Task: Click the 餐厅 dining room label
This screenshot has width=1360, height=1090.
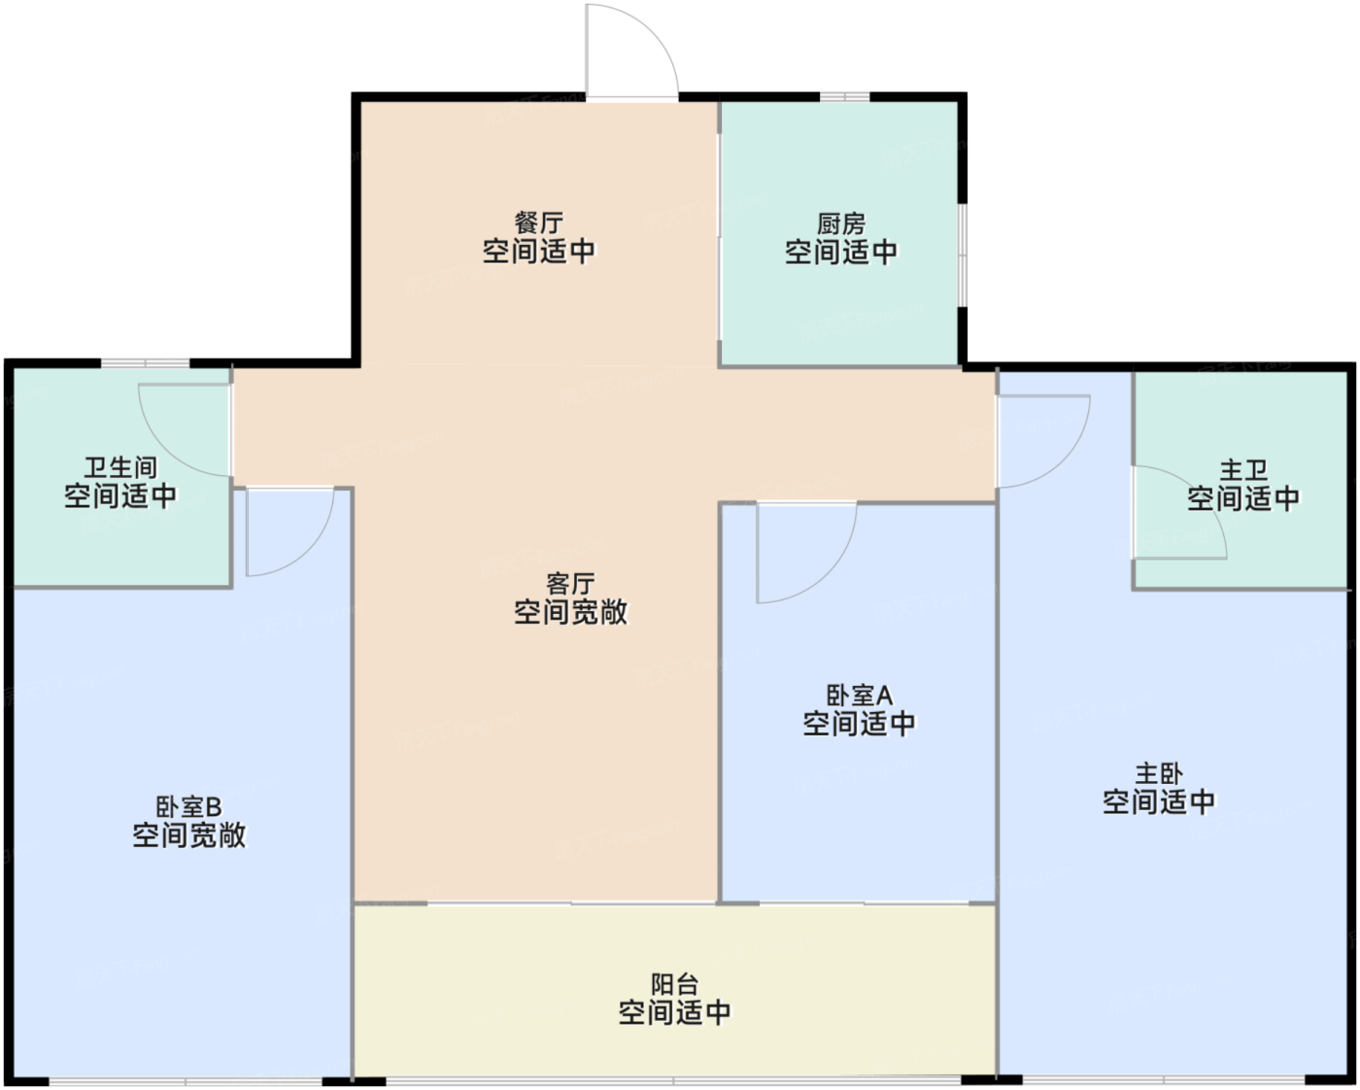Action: [x=538, y=223]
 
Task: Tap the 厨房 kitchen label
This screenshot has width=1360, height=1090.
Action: [x=840, y=224]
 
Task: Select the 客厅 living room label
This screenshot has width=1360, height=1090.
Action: [x=570, y=584]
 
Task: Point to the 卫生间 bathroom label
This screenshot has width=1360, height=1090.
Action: [x=120, y=468]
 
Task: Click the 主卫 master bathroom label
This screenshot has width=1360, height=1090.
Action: [x=1243, y=471]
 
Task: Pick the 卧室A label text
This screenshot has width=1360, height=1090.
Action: [x=859, y=697]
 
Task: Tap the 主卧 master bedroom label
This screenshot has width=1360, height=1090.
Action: [x=1158, y=774]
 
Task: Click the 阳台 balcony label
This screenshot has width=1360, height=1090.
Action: [x=674, y=985]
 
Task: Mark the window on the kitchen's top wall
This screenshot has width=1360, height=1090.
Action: [x=845, y=97]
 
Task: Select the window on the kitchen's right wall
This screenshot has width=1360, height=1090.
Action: [x=962, y=255]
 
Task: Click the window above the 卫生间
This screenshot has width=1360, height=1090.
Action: [x=146, y=363]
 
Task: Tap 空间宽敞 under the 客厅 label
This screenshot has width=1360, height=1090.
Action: [x=570, y=612]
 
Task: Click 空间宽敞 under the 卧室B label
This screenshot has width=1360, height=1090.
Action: [x=189, y=835]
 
